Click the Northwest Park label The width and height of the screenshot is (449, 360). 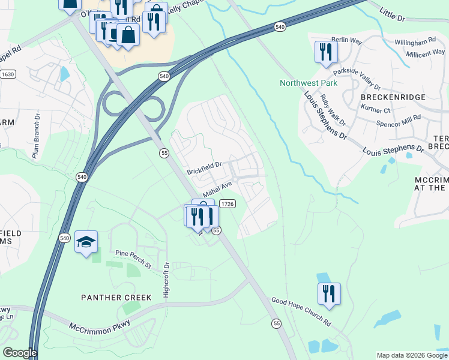pyautogui.click(x=309, y=83)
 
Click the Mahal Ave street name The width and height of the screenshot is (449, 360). pyautogui.click(x=217, y=190)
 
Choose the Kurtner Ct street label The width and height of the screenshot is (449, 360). pyautogui.click(x=376, y=110)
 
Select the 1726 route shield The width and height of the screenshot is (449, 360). pyautogui.click(x=227, y=204)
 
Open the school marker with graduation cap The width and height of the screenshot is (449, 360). pyautogui.click(x=86, y=242)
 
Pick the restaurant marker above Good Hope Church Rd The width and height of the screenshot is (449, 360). pyautogui.click(x=329, y=294)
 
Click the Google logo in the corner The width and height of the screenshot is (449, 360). pyautogui.click(x=19, y=353)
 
